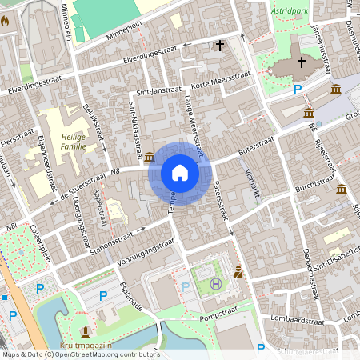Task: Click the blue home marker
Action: coord(179,173)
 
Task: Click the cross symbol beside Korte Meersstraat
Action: coord(220,46)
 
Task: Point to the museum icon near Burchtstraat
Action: coord(342,190)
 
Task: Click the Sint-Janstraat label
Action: coord(154,92)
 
